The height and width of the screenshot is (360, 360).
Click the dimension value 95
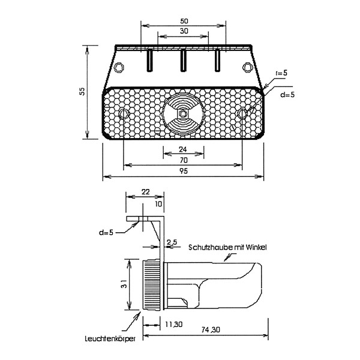(x=184, y=172)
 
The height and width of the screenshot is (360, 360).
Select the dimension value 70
(x=184, y=160)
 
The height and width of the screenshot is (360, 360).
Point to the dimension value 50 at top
(x=184, y=21)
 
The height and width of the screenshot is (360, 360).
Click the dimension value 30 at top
(x=184, y=31)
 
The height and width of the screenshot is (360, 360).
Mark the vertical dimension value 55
(x=82, y=91)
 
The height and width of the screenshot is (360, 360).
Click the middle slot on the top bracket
(x=184, y=61)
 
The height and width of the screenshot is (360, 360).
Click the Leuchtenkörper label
(x=109, y=340)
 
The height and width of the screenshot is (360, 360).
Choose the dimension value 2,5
(x=172, y=242)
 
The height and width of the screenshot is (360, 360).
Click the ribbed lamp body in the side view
(x=152, y=284)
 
